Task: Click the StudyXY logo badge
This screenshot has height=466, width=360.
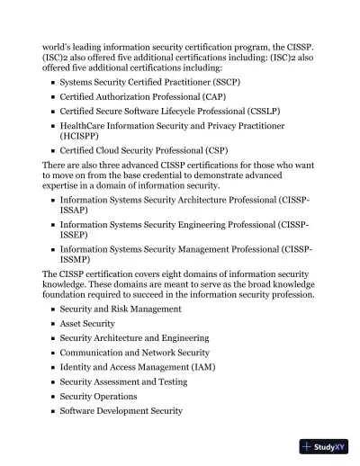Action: click(323, 445)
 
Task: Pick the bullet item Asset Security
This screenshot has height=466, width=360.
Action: click(87, 323)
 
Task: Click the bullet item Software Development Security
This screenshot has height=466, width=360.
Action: click(121, 410)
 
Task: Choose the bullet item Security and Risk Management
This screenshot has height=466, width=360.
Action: click(121, 309)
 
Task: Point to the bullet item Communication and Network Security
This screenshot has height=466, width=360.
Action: click(134, 353)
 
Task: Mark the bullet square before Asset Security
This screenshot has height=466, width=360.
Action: click(53, 324)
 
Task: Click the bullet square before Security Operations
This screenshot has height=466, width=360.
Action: click(53, 397)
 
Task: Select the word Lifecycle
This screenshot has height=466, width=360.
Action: click(191, 111)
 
